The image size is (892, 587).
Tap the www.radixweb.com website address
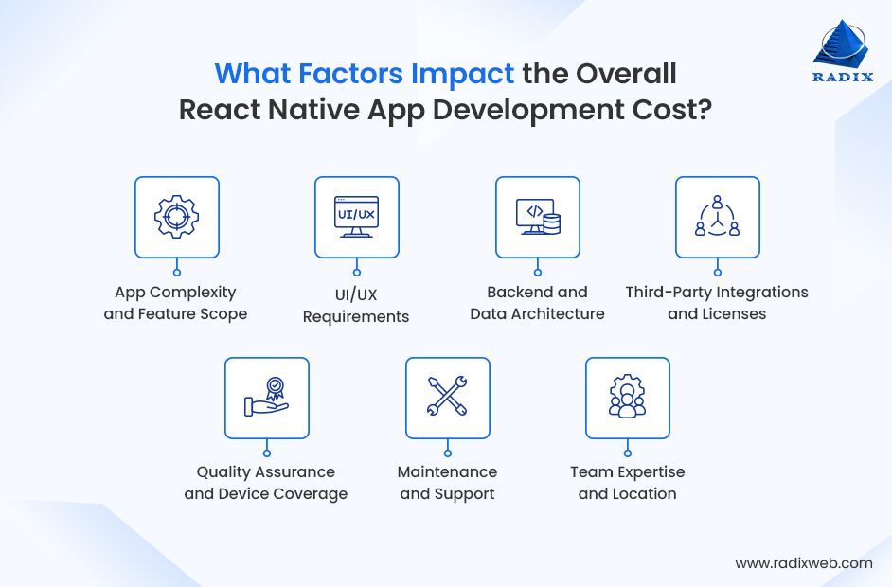(x=804, y=562)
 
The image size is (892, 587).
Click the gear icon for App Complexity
(x=176, y=217)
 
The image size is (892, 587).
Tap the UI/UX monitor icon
(x=357, y=217)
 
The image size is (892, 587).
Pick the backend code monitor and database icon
(x=538, y=217)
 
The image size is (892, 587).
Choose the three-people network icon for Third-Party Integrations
(x=717, y=217)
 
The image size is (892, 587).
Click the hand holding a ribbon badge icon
(x=266, y=398)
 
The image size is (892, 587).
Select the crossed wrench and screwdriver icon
(x=447, y=398)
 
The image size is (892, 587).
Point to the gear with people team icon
(x=627, y=398)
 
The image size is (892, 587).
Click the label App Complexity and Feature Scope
(x=175, y=303)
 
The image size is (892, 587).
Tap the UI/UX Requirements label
(x=356, y=305)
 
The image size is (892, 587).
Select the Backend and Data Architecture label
(x=537, y=303)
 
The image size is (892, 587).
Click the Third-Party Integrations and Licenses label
(x=717, y=303)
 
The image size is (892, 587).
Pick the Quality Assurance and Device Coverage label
(x=266, y=483)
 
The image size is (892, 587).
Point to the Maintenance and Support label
(x=447, y=483)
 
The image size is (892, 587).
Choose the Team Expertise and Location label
(x=627, y=483)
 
